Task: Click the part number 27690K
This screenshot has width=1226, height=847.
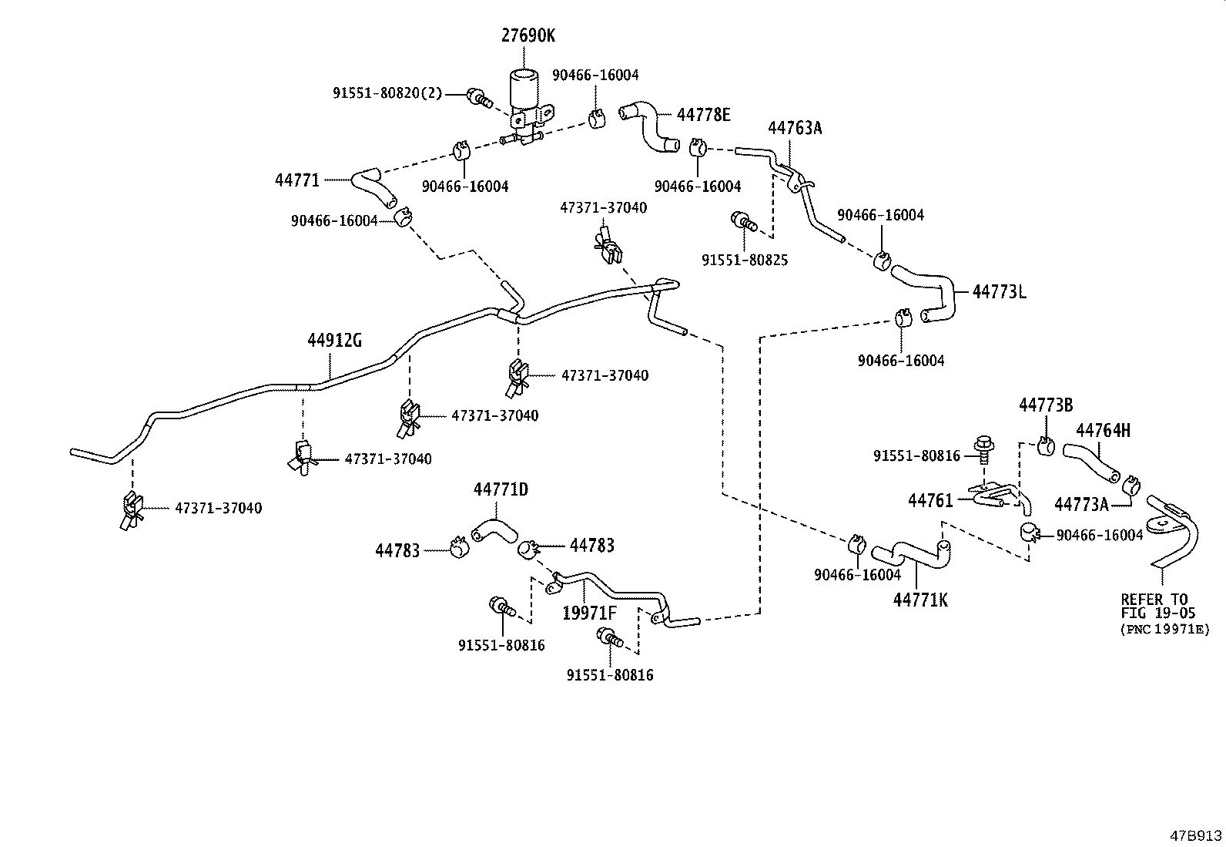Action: [x=528, y=35]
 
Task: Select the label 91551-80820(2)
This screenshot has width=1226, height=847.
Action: [x=387, y=93]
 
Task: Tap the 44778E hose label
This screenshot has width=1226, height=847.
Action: [x=703, y=116]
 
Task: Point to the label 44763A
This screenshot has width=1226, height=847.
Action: [x=795, y=128]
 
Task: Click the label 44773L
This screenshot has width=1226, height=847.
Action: [x=999, y=292]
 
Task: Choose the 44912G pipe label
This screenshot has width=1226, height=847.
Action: [x=334, y=340]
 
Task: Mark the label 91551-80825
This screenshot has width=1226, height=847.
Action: [x=744, y=260]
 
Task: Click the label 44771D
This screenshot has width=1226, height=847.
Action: [x=501, y=489]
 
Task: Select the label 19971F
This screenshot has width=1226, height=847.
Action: [x=589, y=613]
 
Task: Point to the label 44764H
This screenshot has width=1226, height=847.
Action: [x=1103, y=431]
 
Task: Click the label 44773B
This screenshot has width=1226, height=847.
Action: [x=1046, y=405]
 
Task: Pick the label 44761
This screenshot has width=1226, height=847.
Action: [x=930, y=501]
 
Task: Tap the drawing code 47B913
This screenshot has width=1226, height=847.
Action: [x=1196, y=835]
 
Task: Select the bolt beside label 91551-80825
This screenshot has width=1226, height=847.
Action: [x=744, y=220]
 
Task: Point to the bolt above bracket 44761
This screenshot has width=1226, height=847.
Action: [x=984, y=446]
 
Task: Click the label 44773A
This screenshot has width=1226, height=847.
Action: [x=1081, y=504]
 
